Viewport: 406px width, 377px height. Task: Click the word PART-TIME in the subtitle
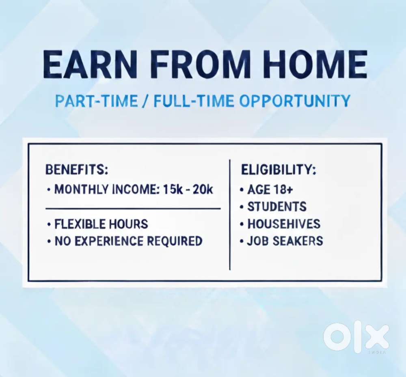(97, 101)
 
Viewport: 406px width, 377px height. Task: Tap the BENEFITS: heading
(77, 170)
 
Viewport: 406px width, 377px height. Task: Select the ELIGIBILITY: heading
(279, 170)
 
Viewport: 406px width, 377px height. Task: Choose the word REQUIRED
(175, 241)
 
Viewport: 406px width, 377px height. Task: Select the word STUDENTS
(277, 207)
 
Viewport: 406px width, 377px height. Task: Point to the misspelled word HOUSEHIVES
(284, 224)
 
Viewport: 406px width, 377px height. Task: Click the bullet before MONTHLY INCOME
(49, 190)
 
